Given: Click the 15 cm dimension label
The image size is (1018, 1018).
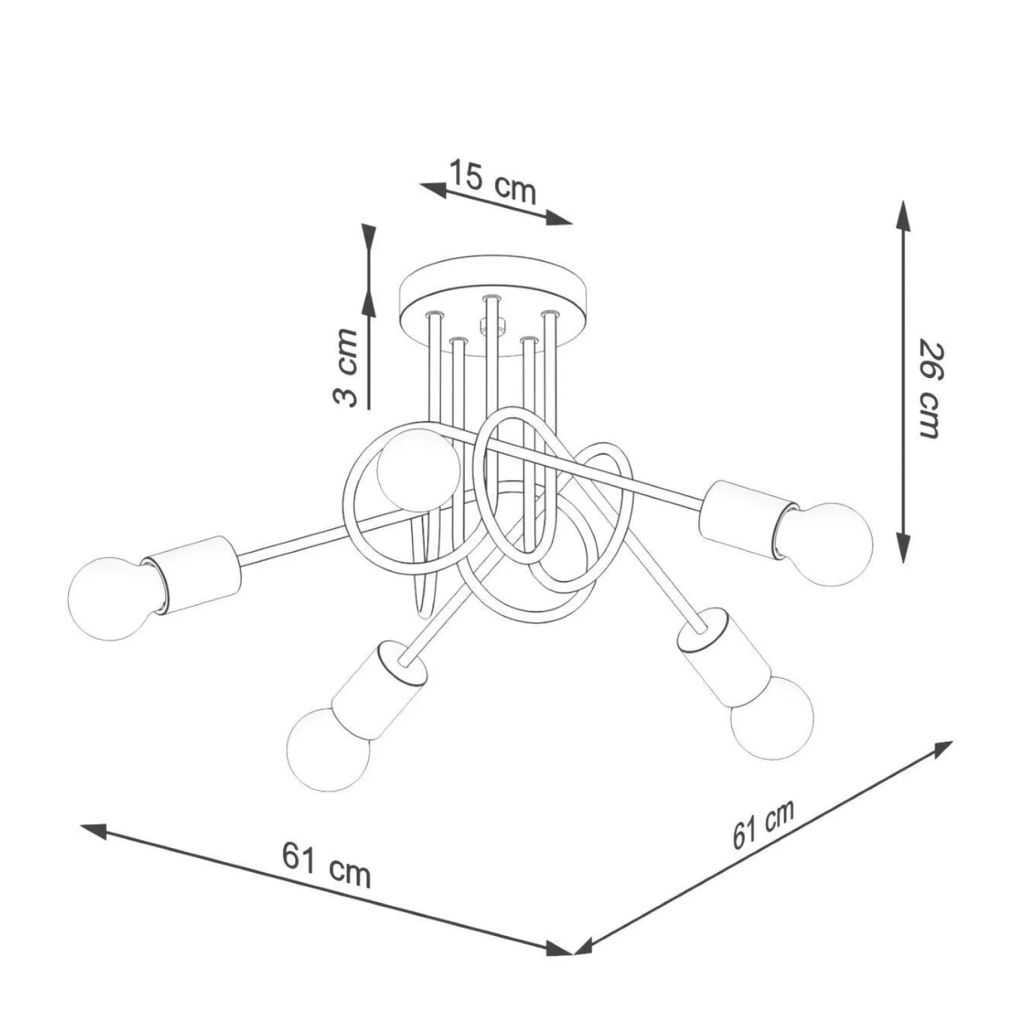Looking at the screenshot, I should click(492, 182).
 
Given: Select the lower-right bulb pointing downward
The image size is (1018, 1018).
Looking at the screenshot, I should click(771, 717).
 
